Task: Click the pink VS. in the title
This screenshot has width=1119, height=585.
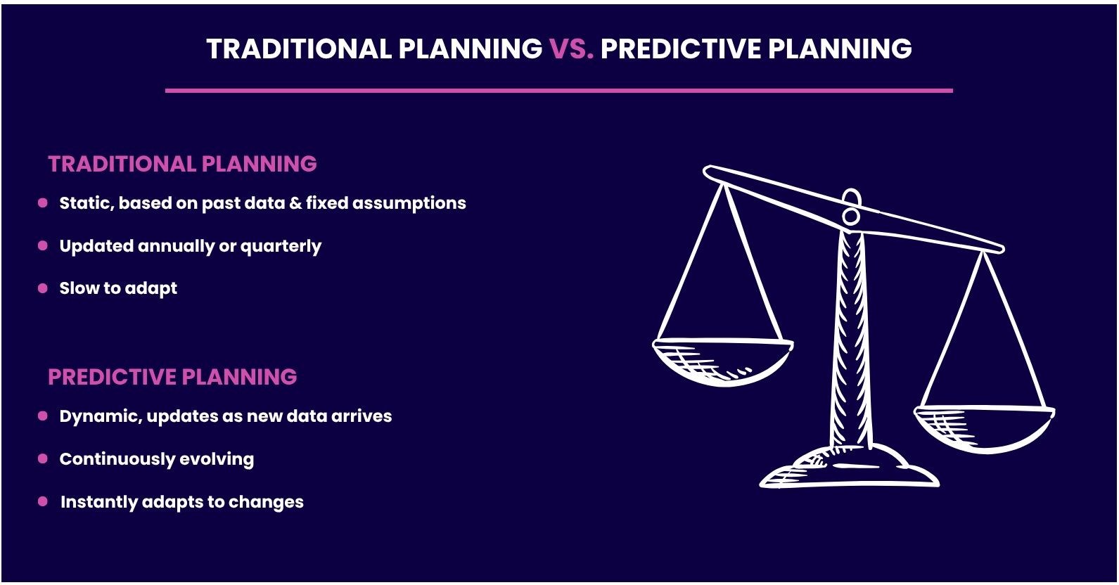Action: click(x=571, y=49)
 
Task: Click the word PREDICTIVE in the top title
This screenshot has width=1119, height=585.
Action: click(x=680, y=49)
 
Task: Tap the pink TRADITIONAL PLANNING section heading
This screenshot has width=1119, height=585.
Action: click(x=182, y=164)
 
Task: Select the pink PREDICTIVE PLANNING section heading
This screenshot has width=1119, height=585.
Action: click(x=172, y=377)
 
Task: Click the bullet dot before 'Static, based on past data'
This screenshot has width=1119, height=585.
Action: click(x=43, y=202)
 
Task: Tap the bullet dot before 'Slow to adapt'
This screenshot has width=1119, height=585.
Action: click(x=43, y=288)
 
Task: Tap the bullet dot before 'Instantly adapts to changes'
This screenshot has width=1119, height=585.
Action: click(x=43, y=501)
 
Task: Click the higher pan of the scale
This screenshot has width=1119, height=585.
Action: click(x=722, y=361)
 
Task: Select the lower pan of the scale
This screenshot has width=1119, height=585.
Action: click(x=984, y=429)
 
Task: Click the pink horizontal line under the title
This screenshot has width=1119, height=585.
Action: click(x=559, y=91)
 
